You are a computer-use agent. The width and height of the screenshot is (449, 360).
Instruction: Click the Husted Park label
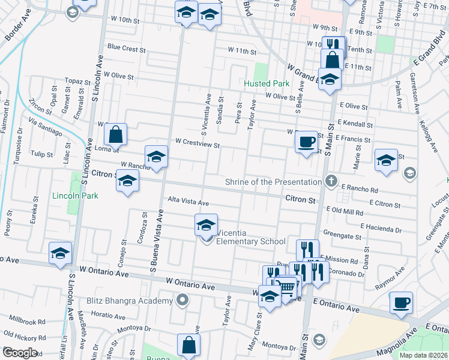click(x=266, y=84)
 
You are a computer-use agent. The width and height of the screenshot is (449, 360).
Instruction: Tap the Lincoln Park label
click(x=75, y=196)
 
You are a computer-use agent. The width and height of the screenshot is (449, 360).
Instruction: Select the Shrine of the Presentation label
click(x=273, y=182)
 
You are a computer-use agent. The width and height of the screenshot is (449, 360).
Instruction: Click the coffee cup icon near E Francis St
click(x=306, y=142)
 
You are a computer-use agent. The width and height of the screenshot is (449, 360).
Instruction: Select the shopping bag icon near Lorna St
click(x=115, y=134)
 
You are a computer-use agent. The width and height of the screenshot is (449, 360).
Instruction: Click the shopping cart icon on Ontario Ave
click(x=288, y=287)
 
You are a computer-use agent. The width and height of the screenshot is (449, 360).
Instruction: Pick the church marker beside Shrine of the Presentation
click(x=331, y=181)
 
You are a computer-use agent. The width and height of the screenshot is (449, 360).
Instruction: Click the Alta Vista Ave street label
click(x=188, y=202)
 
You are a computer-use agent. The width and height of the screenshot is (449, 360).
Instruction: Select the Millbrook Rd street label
click(x=25, y=322)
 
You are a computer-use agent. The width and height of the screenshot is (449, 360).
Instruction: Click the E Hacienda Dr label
click(x=381, y=229)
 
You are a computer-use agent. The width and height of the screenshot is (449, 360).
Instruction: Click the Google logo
click(x=20, y=353)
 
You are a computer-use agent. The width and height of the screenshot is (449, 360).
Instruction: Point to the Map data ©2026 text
click(x=423, y=355)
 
